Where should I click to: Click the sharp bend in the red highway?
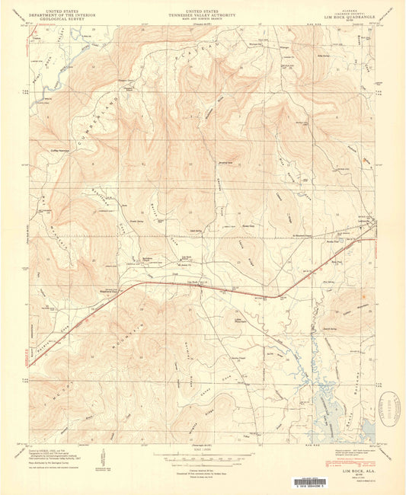(x=278, y=296)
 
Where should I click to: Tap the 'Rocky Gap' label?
(x=246, y=225)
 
